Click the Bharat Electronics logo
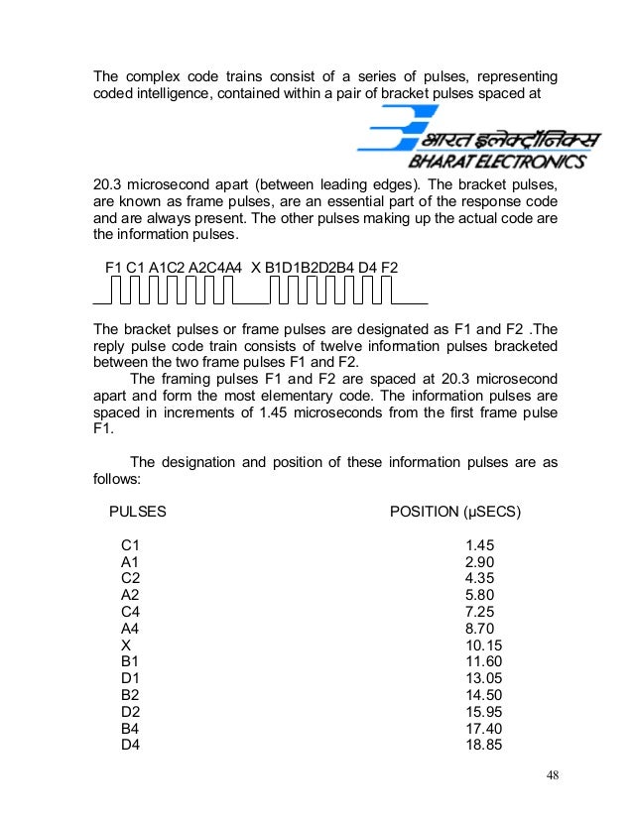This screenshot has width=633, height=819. [470, 140]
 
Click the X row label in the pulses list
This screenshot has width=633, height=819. [125, 643]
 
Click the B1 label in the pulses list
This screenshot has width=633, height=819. [130, 659]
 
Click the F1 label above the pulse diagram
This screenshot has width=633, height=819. [114, 268]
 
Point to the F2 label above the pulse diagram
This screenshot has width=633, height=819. [389, 268]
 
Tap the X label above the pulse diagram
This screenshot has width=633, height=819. [256, 268]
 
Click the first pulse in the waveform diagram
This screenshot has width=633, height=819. [117, 291]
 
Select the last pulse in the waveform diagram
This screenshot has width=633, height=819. [385, 291]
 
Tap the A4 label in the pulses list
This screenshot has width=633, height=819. [130, 627]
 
